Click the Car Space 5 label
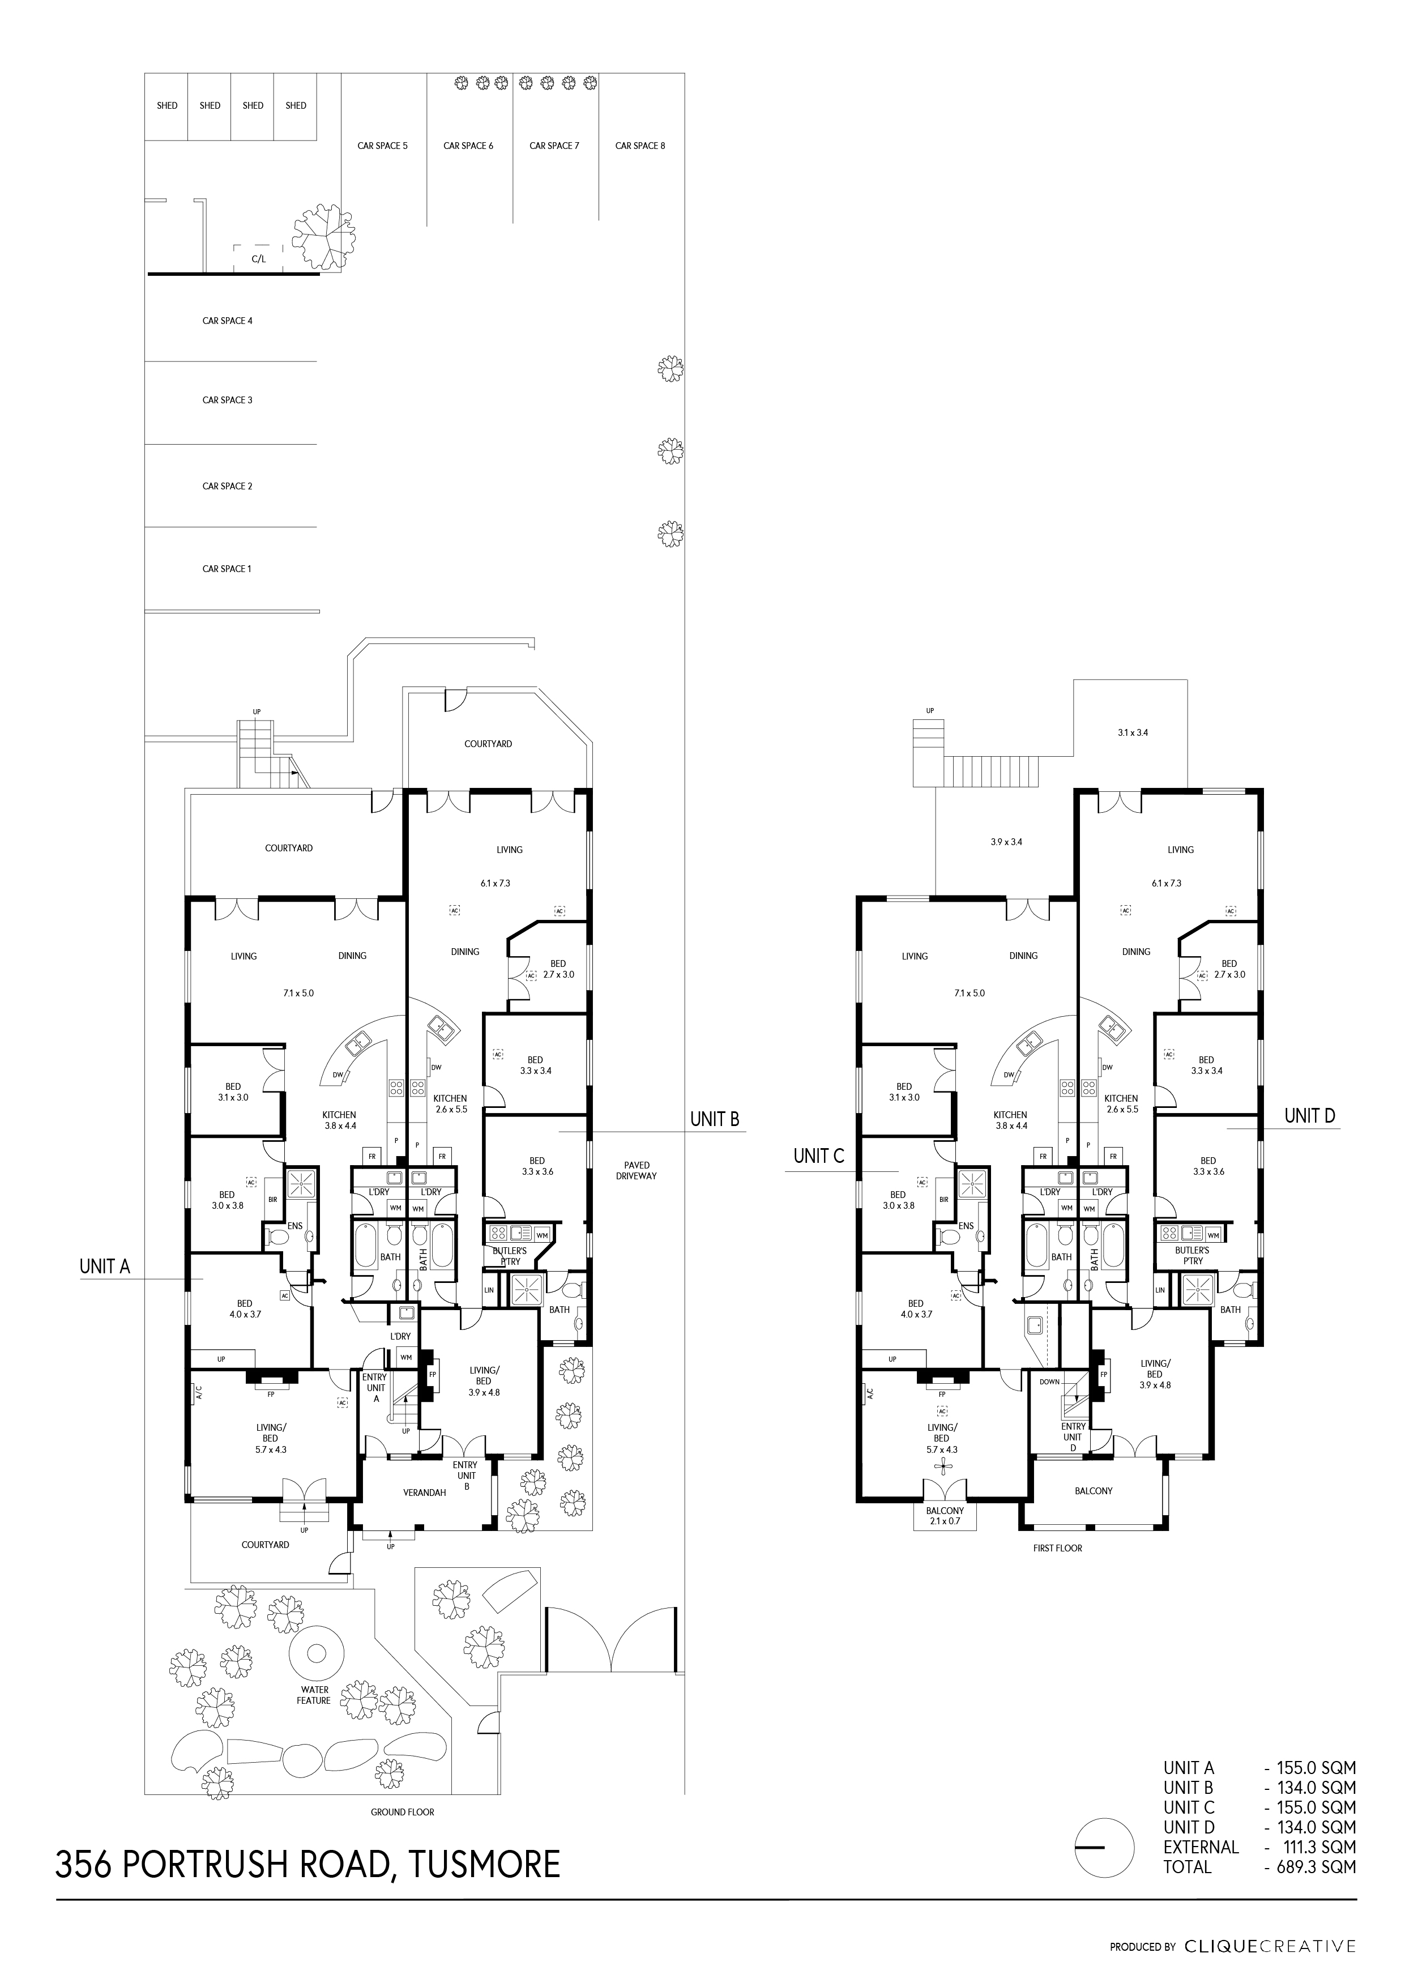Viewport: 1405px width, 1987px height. tap(382, 146)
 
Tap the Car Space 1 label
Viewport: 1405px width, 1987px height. tap(227, 569)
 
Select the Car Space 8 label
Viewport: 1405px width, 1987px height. tap(640, 146)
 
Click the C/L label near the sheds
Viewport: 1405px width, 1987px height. tap(259, 259)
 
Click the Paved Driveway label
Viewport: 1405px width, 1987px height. tap(637, 1170)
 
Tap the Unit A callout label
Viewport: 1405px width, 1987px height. tap(105, 1266)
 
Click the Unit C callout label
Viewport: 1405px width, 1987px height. tap(818, 1155)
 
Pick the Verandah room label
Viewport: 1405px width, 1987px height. tap(425, 1492)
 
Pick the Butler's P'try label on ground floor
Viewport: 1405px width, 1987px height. tap(510, 1256)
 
